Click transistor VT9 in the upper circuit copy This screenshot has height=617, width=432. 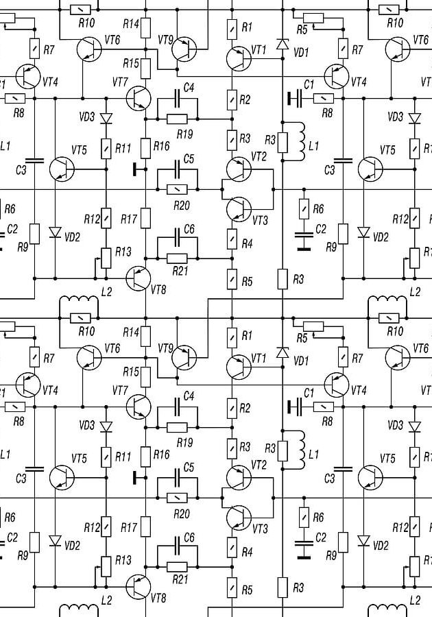(184, 49)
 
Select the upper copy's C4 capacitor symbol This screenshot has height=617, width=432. (178, 98)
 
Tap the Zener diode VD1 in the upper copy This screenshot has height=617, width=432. (282, 44)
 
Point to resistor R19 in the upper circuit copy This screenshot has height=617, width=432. (177, 119)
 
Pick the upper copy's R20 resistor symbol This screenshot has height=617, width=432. (177, 190)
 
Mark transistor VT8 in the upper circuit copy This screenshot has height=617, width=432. (138, 278)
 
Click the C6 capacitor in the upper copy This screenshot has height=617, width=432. (178, 238)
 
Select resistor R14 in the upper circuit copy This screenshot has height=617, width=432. (145, 27)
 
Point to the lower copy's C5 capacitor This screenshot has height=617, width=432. (178, 478)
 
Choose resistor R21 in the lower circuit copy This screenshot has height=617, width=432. (177, 567)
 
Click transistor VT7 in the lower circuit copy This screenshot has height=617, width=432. (138, 407)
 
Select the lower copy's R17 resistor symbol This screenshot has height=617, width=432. (145, 527)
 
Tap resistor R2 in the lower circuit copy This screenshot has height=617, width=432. (232, 408)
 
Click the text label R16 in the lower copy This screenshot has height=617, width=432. (161, 455)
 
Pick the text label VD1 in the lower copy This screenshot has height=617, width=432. (301, 361)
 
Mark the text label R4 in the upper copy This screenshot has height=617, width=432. (247, 244)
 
